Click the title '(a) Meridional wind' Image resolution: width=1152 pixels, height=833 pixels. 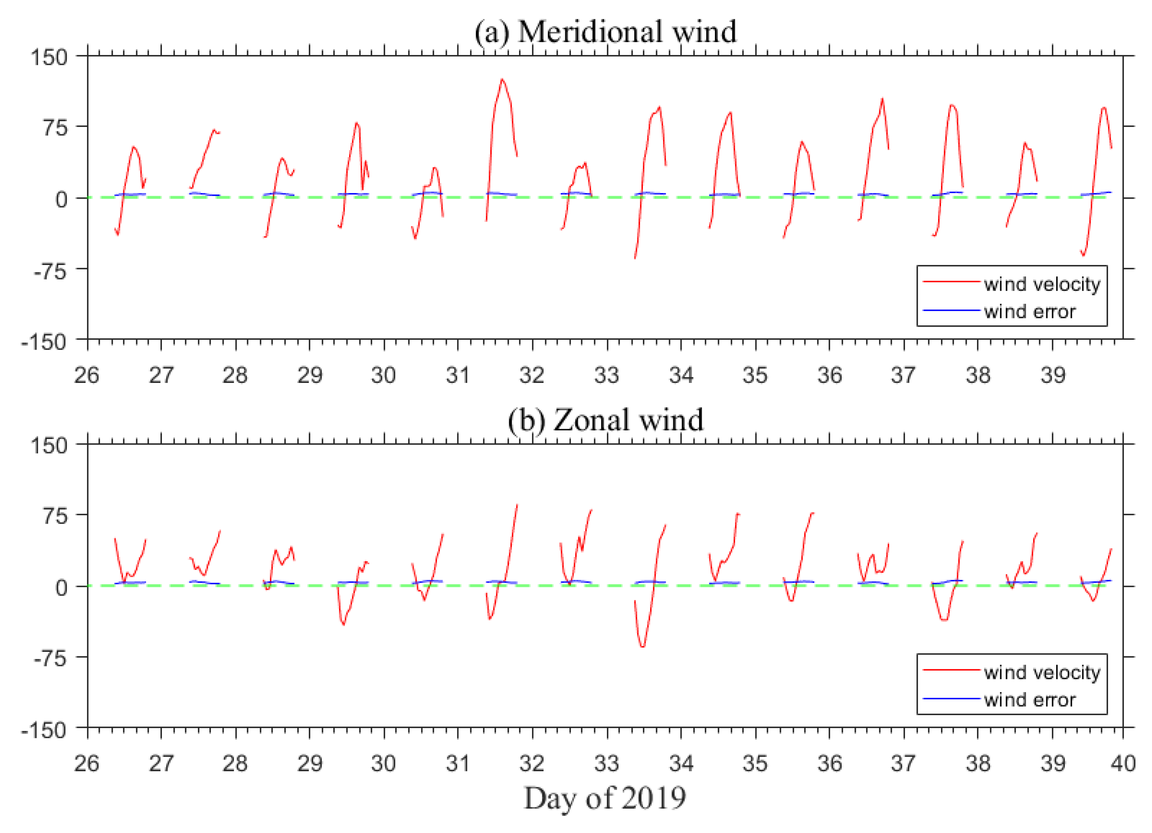pyautogui.click(x=605, y=32)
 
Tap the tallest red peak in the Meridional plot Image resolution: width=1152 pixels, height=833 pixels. pyautogui.click(x=502, y=80)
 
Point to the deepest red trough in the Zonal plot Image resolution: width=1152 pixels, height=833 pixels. pyautogui.click(x=643, y=646)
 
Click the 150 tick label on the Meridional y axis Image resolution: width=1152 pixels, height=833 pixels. pyautogui.click(x=49, y=57)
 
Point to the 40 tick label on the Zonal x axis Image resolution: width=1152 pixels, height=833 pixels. pyautogui.click(x=1123, y=763)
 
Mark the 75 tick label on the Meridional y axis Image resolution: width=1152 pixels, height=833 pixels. pyautogui.click(x=55, y=127)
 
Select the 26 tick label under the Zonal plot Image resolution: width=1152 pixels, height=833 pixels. pyautogui.click(x=87, y=763)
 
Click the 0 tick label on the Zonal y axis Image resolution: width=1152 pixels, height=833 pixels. pyautogui.click(x=61, y=587)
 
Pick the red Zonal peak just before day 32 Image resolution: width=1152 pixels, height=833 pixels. pyautogui.click(x=517, y=505)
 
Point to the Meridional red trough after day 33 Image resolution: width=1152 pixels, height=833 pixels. pyautogui.click(x=635, y=258)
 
